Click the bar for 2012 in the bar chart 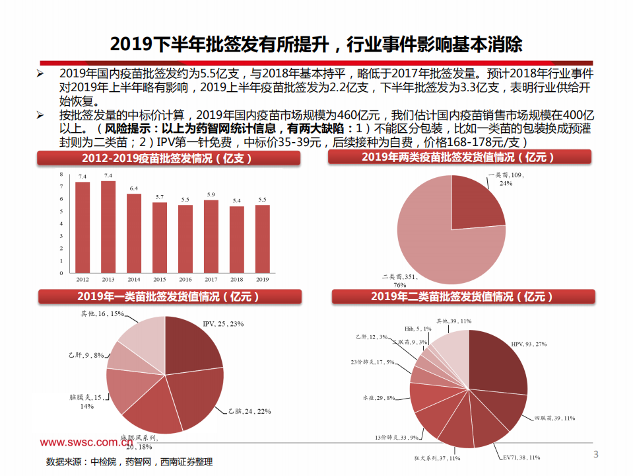[x=83, y=227]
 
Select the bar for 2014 [x=134, y=233]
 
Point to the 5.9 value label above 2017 [x=211, y=195]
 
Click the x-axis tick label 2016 [x=185, y=280]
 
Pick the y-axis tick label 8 [x=61, y=175]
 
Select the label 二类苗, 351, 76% [x=402, y=280]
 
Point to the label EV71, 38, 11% [x=521, y=457]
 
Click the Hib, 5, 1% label [x=417, y=329]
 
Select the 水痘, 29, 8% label [x=378, y=398]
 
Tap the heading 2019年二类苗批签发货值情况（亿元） [x=461, y=297]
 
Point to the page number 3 [x=595, y=454]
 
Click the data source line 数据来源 [x=129, y=461]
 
